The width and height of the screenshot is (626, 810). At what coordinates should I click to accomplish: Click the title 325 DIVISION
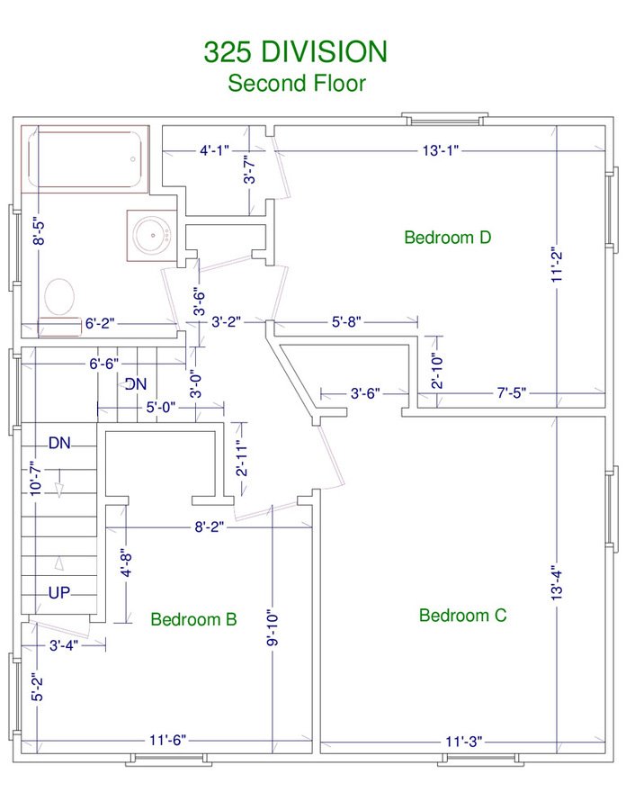(x=295, y=52)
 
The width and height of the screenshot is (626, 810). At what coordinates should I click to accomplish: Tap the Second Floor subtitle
(x=297, y=83)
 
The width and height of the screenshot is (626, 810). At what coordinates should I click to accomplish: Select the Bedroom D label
(x=447, y=237)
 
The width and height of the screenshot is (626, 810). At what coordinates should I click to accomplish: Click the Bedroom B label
(x=193, y=619)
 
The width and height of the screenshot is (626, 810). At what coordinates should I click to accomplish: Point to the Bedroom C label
(x=462, y=616)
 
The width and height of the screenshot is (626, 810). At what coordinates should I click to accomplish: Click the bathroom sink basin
(x=152, y=236)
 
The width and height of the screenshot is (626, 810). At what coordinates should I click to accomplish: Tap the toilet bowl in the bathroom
(x=59, y=296)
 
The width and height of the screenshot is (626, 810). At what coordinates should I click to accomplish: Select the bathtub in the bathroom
(x=85, y=159)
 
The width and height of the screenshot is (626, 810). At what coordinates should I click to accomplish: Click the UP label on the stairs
(x=59, y=592)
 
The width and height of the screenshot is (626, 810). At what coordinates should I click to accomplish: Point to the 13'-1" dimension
(x=440, y=151)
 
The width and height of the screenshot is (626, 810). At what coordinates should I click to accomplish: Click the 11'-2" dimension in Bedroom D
(x=557, y=266)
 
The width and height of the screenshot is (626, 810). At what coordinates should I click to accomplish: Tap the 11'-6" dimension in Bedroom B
(x=167, y=741)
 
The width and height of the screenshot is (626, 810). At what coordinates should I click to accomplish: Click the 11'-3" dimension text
(x=464, y=742)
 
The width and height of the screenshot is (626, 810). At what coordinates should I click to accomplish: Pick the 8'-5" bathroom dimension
(x=39, y=232)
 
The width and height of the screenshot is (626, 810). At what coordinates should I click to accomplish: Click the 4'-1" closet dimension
(x=214, y=151)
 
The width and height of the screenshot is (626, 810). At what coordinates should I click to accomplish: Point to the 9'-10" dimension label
(x=273, y=628)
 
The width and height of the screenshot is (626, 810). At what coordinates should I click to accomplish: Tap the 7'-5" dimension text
(x=512, y=393)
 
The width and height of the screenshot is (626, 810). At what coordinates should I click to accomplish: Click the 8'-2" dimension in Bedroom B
(x=209, y=526)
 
